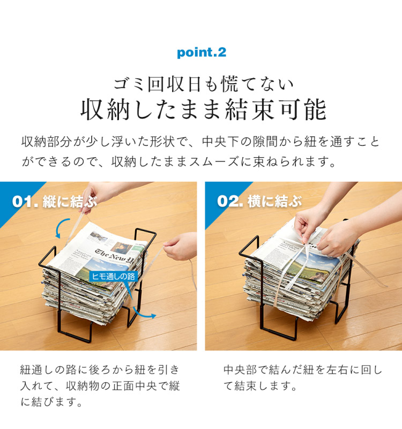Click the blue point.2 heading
pos(201,53)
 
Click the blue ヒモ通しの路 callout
pos(114,276)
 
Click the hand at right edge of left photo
pos(180,248)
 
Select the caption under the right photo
pos(303,378)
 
